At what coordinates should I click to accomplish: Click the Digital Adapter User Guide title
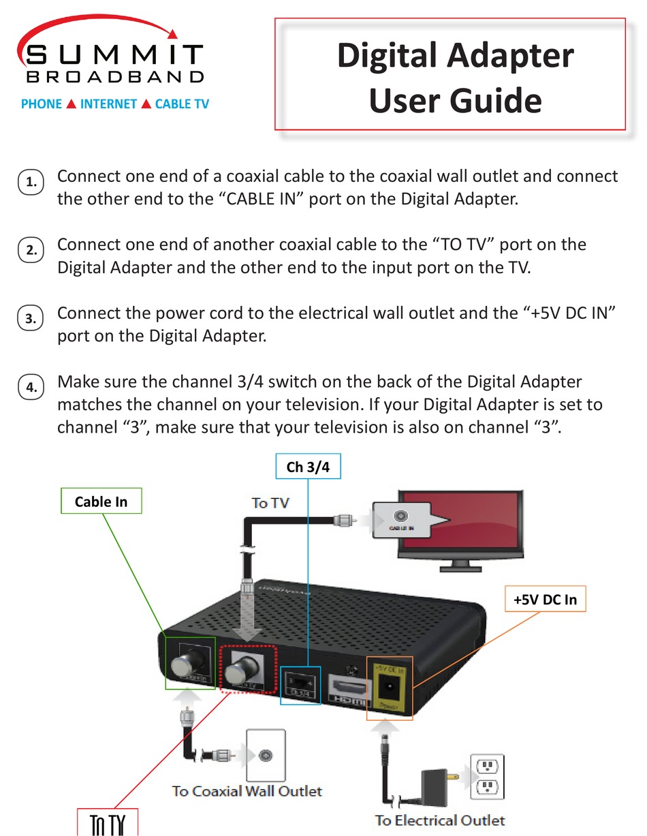click(x=455, y=76)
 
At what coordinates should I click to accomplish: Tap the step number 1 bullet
click(x=31, y=183)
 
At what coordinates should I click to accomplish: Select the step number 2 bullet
click(x=31, y=250)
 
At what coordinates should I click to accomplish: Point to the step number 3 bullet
click(x=31, y=318)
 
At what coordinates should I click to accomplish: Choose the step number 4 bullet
click(x=31, y=388)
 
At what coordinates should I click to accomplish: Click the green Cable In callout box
click(x=101, y=502)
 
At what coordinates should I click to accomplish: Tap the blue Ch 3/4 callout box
click(x=307, y=467)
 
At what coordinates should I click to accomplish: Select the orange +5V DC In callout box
click(x=544, y=600)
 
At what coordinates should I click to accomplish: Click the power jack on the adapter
click(x=389, y=686)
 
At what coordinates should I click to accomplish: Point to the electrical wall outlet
click(x=487, y=777)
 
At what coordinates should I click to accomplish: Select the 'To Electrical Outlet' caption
click(x=440, y=820)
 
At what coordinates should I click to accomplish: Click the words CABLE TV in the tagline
click(x=182, y=104)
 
